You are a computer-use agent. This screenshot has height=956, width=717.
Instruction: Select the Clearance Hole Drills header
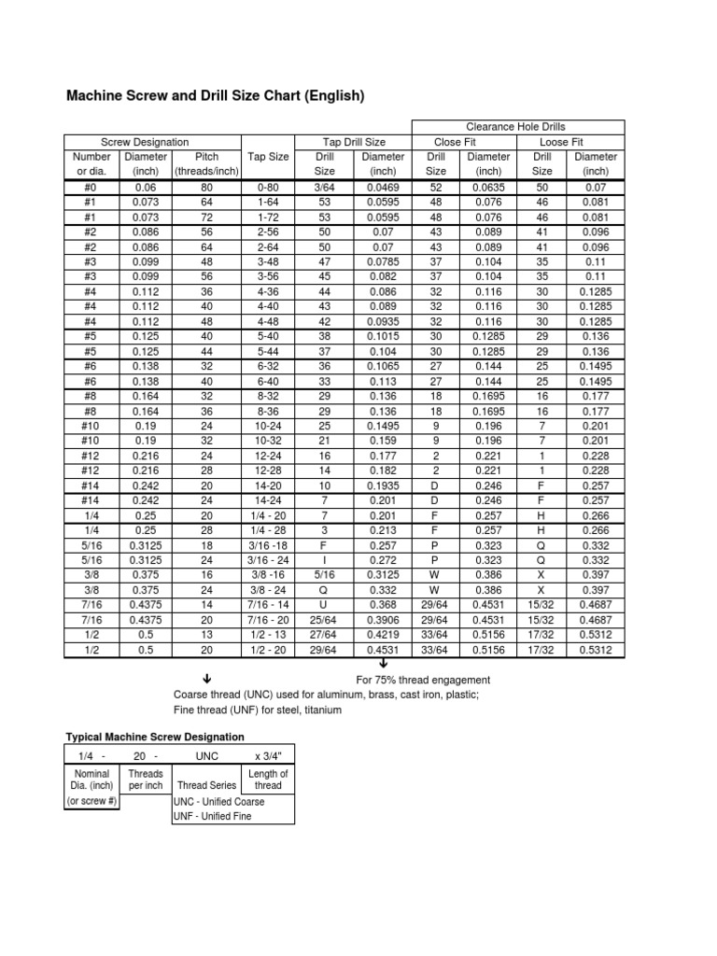(x=515, y=127)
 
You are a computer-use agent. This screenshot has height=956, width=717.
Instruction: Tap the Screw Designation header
(x=145, y=142)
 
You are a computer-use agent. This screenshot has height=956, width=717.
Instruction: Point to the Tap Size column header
(x=269, y=157)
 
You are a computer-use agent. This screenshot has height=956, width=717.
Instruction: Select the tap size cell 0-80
(x=269, y=187)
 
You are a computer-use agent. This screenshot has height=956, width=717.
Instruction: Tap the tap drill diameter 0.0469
(x=382, y=187)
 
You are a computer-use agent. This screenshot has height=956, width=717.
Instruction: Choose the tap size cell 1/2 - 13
(x=269, y=635)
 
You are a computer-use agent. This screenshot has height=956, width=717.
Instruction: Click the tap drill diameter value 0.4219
(x=382, y=635)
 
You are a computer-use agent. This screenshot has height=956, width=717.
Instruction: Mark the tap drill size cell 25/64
(x=325, y=620)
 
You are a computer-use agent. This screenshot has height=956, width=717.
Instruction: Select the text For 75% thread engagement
(x=423, y=680)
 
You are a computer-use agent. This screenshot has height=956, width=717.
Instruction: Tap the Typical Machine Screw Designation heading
(x=154, y=738)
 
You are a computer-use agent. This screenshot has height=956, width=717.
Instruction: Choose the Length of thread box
(x=269, y=780)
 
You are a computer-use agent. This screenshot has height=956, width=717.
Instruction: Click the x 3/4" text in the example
(x=270, y=756)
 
